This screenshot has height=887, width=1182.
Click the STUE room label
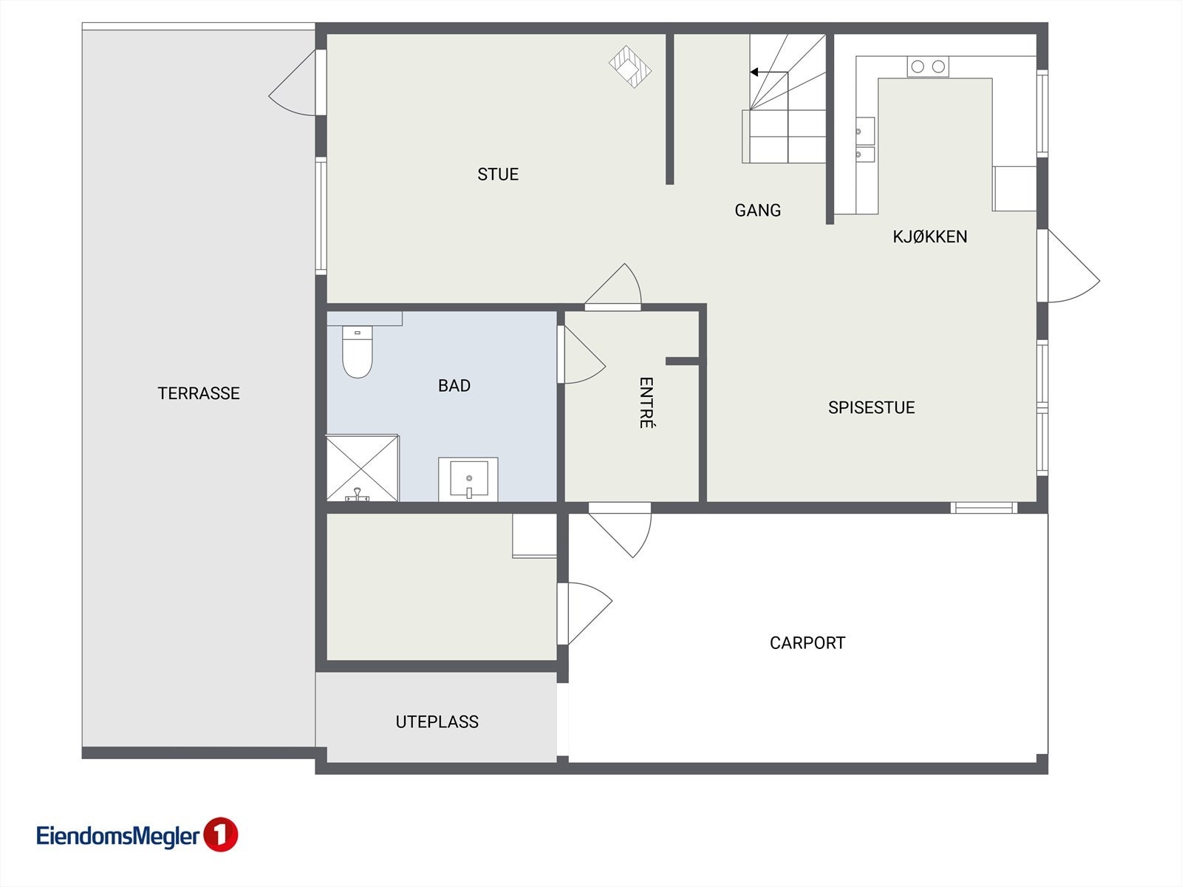(x=498, y=174)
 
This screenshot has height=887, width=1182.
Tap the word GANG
(x=757, y=211)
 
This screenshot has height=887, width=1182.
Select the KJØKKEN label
(x=929, y=237)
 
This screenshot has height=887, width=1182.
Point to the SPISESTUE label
(x=871, y=407)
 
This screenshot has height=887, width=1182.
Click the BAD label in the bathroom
(x=454, y=386)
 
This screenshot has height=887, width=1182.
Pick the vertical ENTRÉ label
(x=646, y=403)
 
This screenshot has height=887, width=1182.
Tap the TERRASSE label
(x=199, y=393)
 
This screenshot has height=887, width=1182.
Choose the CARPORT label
(x=807, y=643)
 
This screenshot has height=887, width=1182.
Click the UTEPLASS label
(x=437, y=722)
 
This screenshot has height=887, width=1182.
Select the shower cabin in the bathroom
(x=362, y=468)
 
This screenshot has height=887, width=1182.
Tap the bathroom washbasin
(x=468, y=479)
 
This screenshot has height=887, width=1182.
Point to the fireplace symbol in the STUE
(x=630, y=67)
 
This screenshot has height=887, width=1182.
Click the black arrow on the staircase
(x=755, y=72)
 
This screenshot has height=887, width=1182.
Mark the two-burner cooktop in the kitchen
(x=928, y=67)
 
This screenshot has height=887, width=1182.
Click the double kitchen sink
(x=864, y=140)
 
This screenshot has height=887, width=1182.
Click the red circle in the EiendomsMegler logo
(x=219, y=835)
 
